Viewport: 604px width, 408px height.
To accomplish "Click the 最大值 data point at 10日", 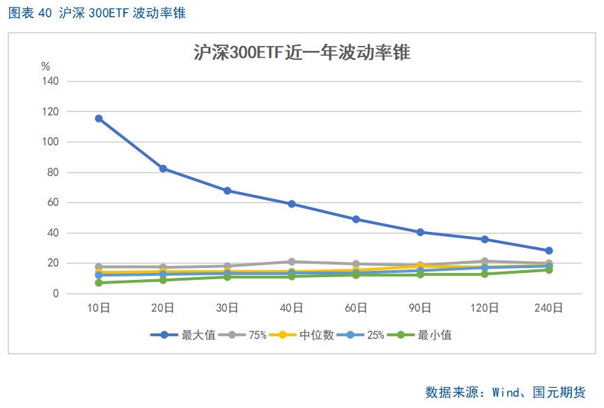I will pos(99,118).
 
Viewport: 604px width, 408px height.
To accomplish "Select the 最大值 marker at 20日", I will pos(163,168).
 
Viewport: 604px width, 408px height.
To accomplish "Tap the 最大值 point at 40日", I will pos(292,204).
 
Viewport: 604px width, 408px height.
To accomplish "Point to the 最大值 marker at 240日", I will pos(549,251).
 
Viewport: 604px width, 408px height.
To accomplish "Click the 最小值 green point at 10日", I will pos(99,283).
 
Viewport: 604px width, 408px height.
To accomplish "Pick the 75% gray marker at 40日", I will pos(292,262).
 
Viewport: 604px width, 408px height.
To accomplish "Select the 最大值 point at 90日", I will pos(420,233).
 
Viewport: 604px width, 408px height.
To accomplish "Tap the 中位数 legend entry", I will pos(302,335).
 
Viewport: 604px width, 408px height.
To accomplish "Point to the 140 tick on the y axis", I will pos(49,81).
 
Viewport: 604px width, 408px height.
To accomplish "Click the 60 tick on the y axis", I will pos(52,203).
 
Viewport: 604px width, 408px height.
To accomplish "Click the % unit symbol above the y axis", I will pos(46,67).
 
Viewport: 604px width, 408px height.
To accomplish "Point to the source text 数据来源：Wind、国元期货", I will pos(505,392).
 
